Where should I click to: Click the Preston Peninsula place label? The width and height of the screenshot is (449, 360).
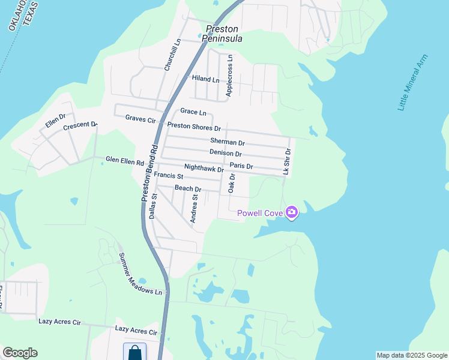click(x=222, y=33)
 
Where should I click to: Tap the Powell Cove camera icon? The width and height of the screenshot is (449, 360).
click(x=292, y=212)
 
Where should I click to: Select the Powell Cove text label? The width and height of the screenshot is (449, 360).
click(x=261, y=213)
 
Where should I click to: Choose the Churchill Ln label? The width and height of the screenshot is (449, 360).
click(x=172, y=55)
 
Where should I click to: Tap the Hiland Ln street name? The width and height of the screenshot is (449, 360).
click(x=205, y=79)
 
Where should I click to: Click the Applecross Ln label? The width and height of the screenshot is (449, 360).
click(x=229, y=75)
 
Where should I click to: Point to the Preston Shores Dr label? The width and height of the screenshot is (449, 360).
click(x=194, y=127)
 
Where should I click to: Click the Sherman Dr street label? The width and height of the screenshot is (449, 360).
click(x=228, y=142)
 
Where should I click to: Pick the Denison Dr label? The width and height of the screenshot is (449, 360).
click(x=226, y=154)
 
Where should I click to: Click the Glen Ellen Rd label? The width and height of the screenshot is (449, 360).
click(x=125, y=161)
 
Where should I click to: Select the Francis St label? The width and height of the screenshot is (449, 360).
click(x=168, y=176)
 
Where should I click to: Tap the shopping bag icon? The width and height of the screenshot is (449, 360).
click(x=134, y=352)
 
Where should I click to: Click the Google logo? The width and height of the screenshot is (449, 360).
click(x=20, y=353)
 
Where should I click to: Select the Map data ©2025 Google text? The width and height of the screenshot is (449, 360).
click(x=411, y=355)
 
